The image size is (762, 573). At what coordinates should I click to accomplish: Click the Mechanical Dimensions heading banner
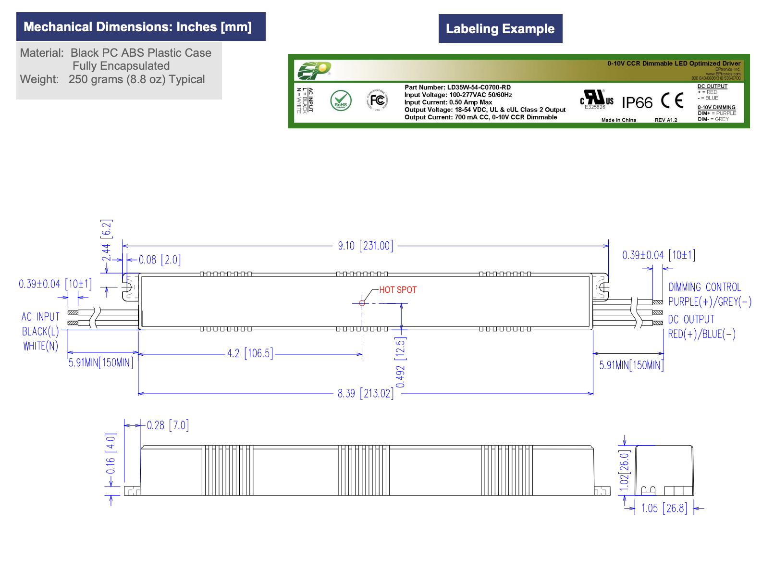pos(140,27)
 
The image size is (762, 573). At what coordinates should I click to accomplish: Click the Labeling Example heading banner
pos(500,29)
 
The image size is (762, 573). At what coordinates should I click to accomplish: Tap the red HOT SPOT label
pos(398,290)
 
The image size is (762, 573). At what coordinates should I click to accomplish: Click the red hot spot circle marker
pos(362,303)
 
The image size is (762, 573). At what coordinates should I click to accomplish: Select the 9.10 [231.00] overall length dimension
pos(365,246)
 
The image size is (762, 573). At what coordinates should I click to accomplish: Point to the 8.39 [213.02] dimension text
pos(365,394)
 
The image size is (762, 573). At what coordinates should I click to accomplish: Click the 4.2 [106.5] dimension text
pos(250,354)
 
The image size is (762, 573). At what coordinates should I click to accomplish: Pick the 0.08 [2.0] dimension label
pos(160,260)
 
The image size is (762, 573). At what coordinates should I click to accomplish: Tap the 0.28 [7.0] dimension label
pos(168,425)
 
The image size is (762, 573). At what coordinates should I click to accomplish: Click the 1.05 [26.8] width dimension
pos(664,508)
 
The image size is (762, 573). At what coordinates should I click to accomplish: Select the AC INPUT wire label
pos(41,317)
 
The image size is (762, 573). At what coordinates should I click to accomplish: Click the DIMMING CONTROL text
pos(704,287)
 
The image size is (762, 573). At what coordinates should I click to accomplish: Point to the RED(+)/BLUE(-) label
pos(701,334)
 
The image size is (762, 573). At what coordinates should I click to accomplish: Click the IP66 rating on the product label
pos(637,103)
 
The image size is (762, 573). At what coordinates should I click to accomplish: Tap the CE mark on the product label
pos(672,100)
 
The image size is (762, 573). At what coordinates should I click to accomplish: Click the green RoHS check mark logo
pos(341,101)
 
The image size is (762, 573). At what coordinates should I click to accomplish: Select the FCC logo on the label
pos(377,100)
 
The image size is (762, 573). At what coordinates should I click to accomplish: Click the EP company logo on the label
pos(313,71)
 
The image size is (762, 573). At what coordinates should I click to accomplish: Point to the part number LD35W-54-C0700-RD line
pos(457,87)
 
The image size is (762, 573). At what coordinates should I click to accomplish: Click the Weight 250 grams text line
pos(112,80)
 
